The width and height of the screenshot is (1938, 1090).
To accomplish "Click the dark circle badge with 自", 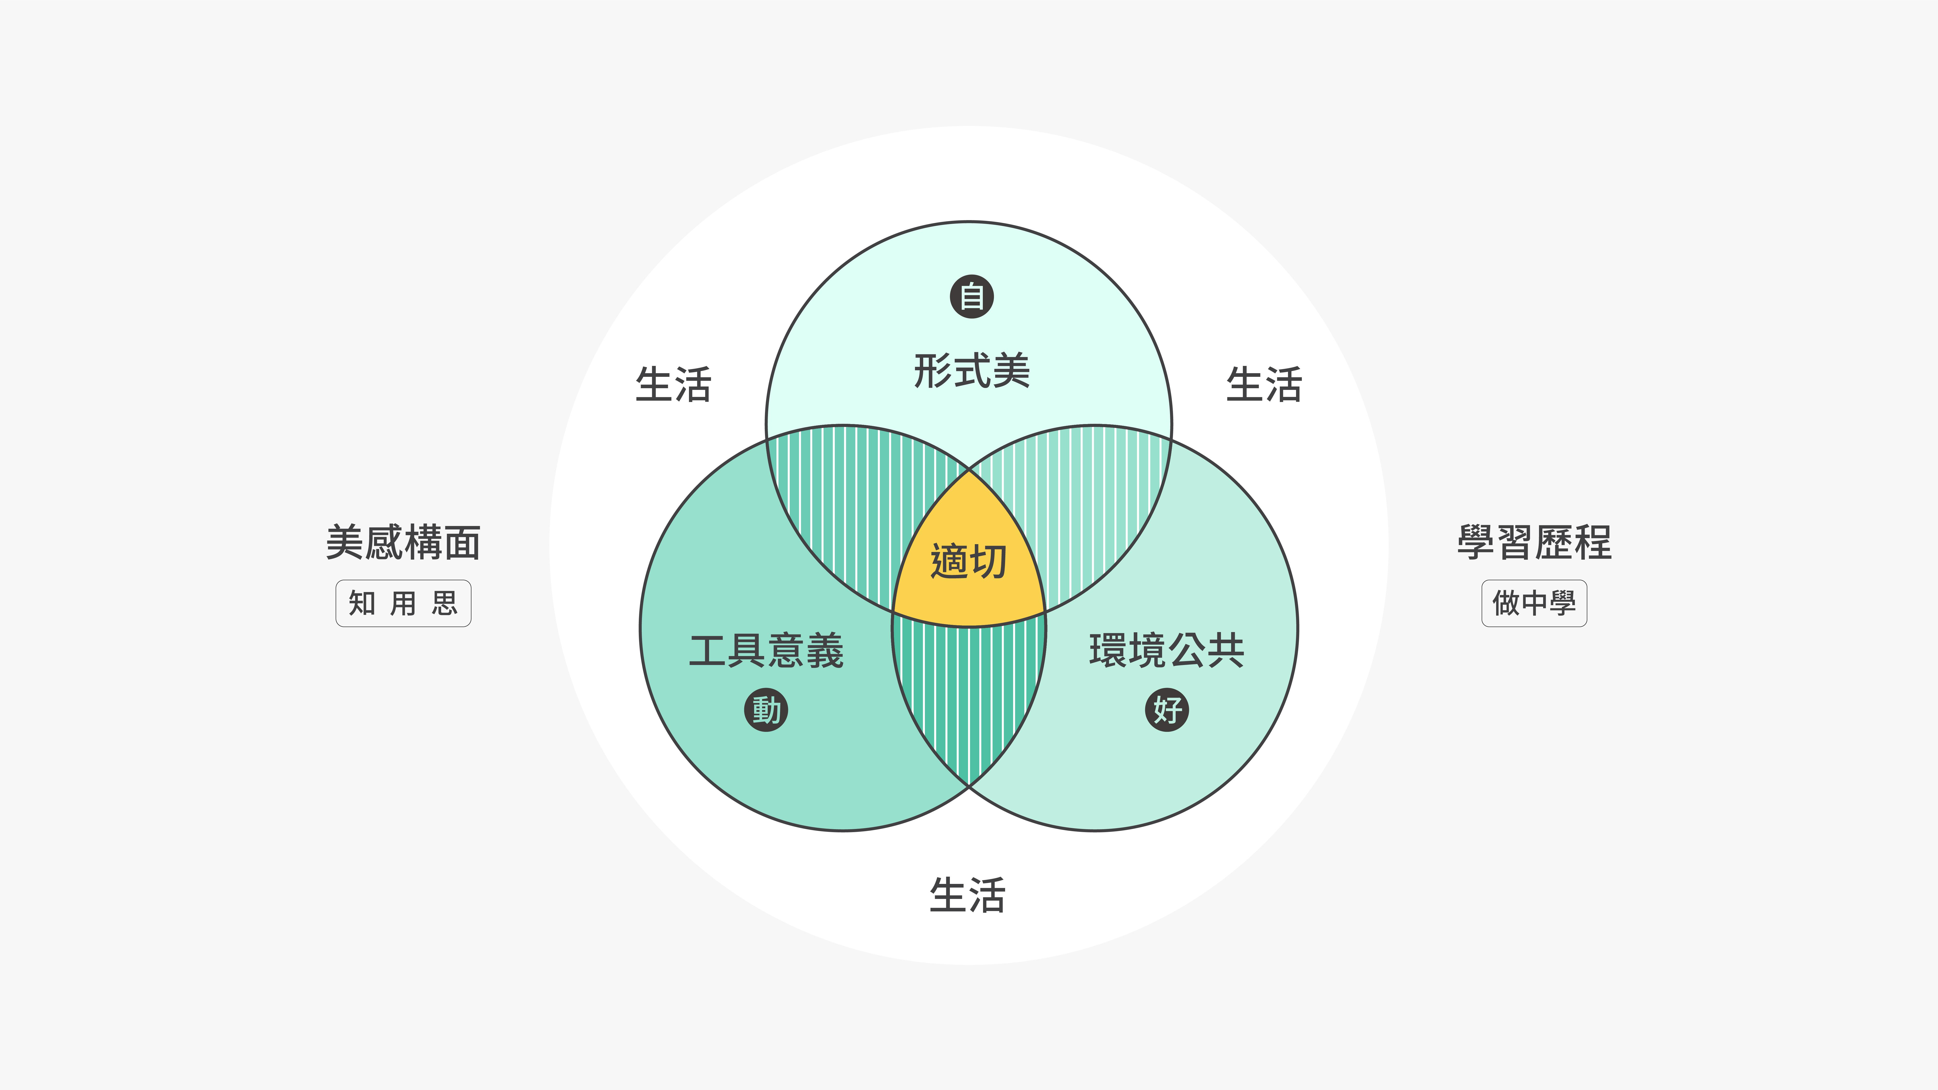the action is pyautogui.click(x=971, y=296).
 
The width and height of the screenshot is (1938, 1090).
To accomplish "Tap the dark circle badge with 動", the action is pyautogui.click(x=766, y=709).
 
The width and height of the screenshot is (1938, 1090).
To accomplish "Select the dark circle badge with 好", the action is pyautogui.click(x=1167, y=709).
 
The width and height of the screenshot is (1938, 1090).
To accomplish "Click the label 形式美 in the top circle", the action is pyautogui.click(x=971, y=371).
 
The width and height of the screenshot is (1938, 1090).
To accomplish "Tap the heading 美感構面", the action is pyautogui.click(x=403, y=542).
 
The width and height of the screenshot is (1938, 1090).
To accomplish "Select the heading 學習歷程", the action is pyautogui.click(x=1534, y=542).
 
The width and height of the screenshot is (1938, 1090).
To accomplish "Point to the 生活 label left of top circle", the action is pyautogui.click(x=673, y=384).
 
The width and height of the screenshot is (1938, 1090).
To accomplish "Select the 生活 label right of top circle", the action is pyautogui.click(x=1264, y=384).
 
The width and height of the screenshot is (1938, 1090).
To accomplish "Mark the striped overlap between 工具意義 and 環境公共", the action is pyautogui.click(x=969, y=692).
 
